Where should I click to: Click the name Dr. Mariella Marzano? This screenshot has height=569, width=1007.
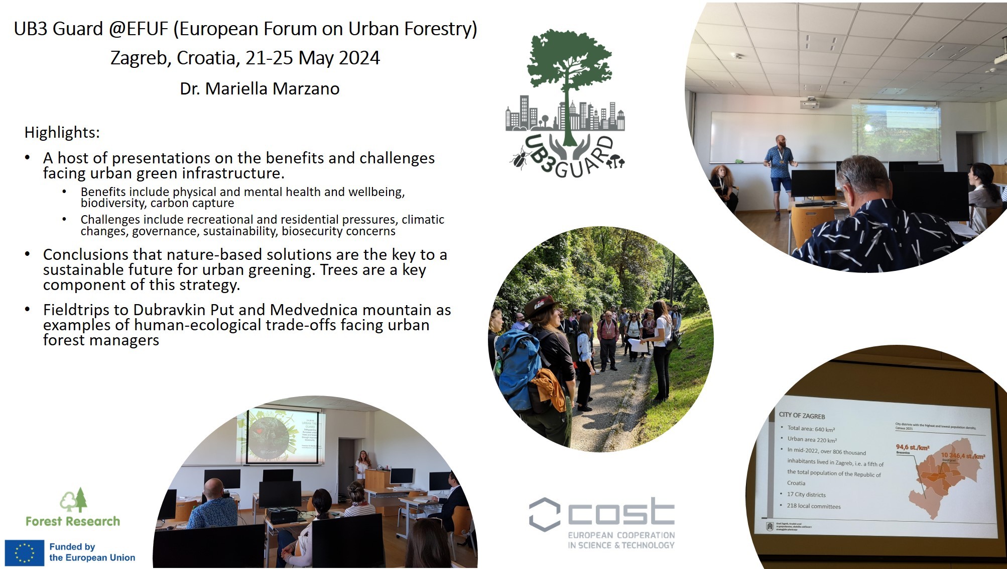[260, 88]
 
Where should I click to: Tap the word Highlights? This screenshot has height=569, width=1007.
[62, 132]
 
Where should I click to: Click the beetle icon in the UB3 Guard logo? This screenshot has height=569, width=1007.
[520, 158]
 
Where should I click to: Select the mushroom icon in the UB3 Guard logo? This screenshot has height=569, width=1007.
[616, 161]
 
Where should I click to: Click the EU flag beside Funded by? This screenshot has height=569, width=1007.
[25, 552]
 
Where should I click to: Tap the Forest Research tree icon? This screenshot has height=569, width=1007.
[74, 500]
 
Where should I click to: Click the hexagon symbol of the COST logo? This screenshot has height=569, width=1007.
[544, 514]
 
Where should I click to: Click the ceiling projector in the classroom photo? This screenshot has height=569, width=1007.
[809, 103]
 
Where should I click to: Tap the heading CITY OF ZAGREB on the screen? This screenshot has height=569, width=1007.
[802, 416]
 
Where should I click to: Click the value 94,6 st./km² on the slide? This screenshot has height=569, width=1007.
[912, 446]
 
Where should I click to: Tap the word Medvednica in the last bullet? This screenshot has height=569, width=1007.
[314, 310]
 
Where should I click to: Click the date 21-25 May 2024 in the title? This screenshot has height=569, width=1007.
[312, 58]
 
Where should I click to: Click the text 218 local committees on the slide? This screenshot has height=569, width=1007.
[813, 506]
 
